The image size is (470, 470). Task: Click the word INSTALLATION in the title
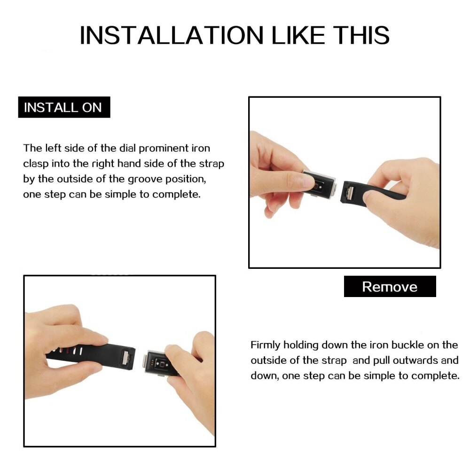[x=172, y=35]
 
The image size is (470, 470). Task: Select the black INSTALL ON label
[x=64, y=107]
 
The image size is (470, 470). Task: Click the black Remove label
[x=390, y=287]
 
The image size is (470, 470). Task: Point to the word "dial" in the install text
[x=127, y=148]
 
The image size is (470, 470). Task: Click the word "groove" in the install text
[x=145, y=180]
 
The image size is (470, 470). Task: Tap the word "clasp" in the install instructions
[x=36, y=164]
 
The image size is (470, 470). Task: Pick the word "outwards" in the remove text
[x=415, y=360]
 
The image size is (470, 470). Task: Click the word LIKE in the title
[x=298, y=35]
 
